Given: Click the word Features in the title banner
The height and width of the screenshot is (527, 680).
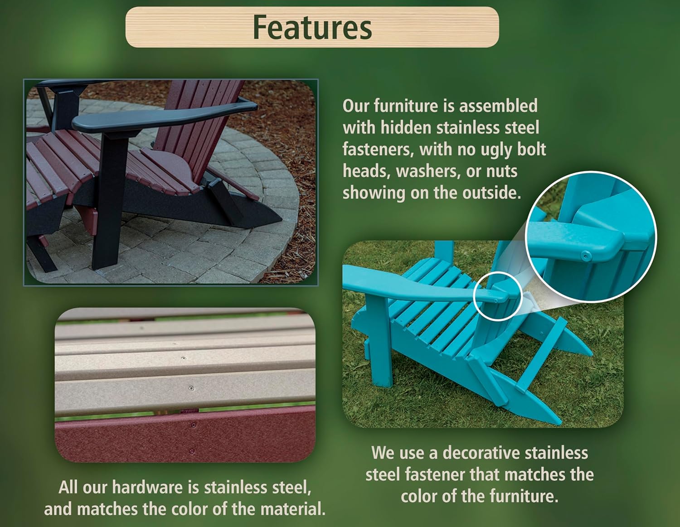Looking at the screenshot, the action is (312, 28).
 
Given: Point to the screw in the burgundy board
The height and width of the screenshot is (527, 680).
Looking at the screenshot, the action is (194, 425).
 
